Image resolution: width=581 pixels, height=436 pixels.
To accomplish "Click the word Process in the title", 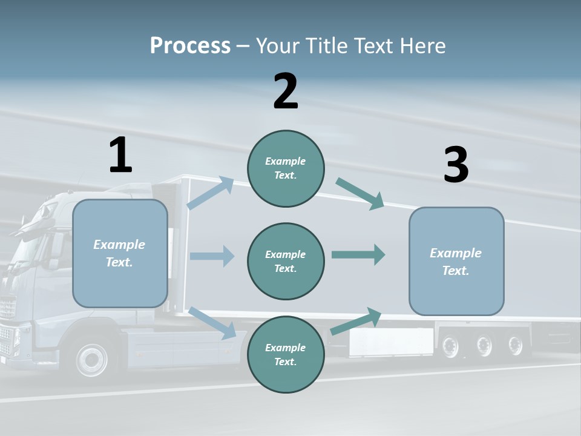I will [190, 46].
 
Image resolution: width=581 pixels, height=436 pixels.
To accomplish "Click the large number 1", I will [120, 155].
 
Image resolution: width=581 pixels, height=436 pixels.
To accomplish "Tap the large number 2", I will [286, 91].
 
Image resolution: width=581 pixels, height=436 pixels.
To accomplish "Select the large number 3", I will [456, 165].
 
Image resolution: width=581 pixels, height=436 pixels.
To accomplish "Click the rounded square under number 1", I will [120, 253].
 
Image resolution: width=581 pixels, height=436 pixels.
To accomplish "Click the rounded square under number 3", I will [456, 261].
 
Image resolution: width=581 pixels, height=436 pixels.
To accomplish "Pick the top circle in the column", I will [286, 168].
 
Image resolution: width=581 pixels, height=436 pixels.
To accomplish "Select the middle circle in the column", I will [286, 261].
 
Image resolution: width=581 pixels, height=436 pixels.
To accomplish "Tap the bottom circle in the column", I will [286, 354].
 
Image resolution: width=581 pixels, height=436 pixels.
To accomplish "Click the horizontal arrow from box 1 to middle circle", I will [212, 256].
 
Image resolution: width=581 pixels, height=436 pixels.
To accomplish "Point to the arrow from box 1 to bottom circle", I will [212, 323].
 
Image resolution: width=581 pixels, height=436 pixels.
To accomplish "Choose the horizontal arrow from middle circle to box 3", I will [358, 255].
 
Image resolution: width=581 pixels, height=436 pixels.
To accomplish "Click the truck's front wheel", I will [93, 360].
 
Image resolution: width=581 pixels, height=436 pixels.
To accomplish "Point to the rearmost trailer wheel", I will [515, 346].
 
